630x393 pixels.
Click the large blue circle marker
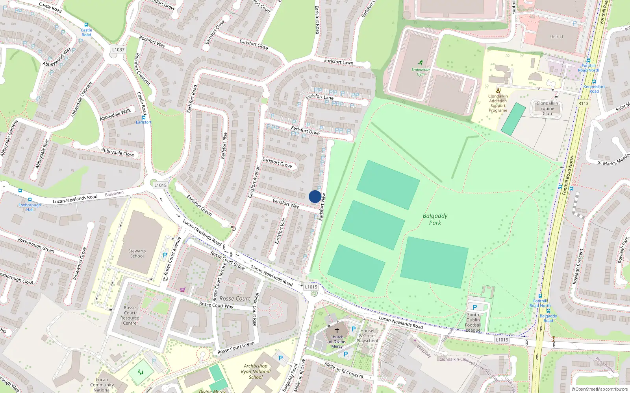[315, 196]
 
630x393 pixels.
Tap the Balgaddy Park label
[435, 219]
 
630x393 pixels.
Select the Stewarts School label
[137, 253]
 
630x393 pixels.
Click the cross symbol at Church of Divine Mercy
[337, 331]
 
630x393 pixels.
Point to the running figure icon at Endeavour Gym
[421, 62]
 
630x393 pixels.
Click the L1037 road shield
[118, 50]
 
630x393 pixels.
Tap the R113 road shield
[583, 103]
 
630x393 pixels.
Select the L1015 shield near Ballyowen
[160, 185]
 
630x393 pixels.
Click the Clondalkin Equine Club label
[547, 108]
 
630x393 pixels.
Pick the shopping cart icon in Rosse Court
[182, 290]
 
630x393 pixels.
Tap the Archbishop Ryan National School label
[256, 371]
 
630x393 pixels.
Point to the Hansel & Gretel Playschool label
[367, 336]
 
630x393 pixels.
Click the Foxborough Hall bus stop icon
[30, 200]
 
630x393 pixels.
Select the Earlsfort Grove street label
[277, 162]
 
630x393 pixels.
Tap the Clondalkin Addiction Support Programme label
[498, 103]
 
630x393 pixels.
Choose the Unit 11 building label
[556, 37]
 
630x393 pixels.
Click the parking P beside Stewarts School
[165, 255]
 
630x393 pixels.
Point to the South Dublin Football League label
[473, 322]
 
